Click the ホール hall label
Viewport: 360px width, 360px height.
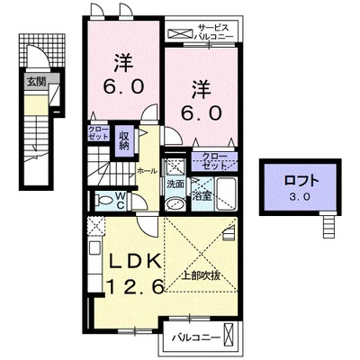[x=147, y=168]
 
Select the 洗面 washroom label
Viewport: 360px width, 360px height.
[x=175, y=184]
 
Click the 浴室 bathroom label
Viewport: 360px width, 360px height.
[x=202, y=193]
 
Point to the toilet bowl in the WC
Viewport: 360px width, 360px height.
[x=99, y=201]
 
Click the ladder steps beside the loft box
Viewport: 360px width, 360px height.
[x=329, y=225]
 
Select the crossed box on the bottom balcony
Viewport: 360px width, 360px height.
[x=237, y=340]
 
